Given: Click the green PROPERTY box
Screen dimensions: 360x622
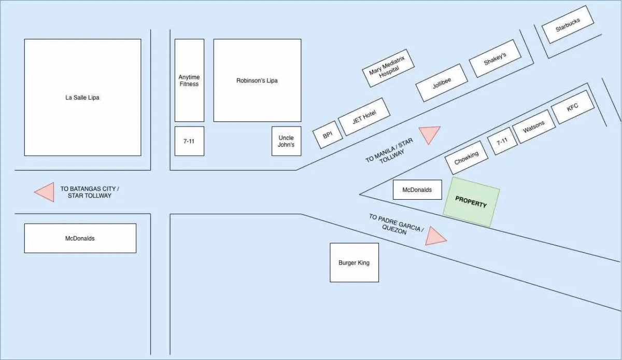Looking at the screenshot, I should (471, 202).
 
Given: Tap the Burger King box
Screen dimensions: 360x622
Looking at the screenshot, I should (354, 262).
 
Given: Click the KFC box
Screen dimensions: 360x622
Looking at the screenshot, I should (572, 107).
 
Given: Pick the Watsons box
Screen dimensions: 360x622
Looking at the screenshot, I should (533, 127).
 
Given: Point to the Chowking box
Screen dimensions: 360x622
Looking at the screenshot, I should (466, 158).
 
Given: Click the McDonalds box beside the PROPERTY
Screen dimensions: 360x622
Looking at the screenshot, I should (417, 190).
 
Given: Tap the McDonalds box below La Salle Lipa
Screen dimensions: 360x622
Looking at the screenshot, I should (80, 238).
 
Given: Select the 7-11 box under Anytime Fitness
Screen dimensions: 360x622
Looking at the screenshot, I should (189, 141).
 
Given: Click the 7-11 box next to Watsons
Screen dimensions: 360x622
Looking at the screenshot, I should (502, 141).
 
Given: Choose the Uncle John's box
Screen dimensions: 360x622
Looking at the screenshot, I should (286, 141).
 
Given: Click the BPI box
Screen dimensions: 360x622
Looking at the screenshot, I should (328, 135).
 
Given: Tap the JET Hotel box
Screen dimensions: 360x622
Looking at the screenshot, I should (364, 117).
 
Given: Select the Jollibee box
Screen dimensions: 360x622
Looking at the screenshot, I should (442, 83).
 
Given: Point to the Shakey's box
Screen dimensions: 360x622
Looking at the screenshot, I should (495, 59).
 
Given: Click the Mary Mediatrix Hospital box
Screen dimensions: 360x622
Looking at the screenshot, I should (389, 68).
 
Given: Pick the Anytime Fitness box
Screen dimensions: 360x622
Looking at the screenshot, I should (189, 80).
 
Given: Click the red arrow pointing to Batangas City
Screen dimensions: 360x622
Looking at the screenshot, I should (45, 192).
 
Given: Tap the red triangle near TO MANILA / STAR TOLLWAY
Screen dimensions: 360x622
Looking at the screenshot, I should (429, 135).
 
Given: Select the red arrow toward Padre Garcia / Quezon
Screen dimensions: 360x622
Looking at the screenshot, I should (435, 237).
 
